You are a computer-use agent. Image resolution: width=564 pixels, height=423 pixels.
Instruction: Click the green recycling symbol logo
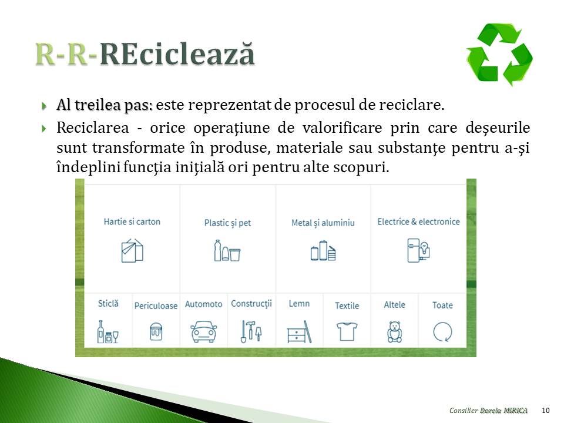click(x=499, y=54)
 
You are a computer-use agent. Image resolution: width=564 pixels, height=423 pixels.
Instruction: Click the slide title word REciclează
click(x=177, y=54)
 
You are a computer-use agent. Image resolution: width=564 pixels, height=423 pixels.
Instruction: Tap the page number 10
click(x=545, y=411)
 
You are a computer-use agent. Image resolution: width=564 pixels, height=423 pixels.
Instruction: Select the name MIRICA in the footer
click(x=515, y=411)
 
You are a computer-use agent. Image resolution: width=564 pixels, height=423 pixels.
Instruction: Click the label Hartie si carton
click(x=132, y=221)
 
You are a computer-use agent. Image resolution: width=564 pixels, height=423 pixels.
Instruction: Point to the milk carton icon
click(x=132, y=250)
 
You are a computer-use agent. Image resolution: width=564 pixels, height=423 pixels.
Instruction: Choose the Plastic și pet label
click(x=227, y=223)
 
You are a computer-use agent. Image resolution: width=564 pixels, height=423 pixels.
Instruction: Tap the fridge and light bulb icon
click(x=419, y=250)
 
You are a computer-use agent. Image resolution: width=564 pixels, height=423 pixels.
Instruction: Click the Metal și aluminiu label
click(x=323, y=223)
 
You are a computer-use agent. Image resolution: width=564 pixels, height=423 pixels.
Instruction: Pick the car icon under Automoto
click(x=204, y=331)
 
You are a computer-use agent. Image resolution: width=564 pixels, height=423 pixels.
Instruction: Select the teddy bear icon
click(x=395, y=331)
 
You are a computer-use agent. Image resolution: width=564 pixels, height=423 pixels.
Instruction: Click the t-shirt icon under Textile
click(x=347, y=331)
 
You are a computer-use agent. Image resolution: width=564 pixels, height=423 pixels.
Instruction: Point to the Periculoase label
click(x=156, y=305)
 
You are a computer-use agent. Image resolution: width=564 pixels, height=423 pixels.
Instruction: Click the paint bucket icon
click(x=156, y=331)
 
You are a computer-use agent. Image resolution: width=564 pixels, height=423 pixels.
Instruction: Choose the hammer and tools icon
click(x=251, y=331)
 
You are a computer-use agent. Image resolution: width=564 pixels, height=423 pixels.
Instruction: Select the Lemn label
click(x=299, y=304)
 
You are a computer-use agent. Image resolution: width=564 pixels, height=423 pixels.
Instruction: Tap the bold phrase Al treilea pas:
click(x=105, y=105)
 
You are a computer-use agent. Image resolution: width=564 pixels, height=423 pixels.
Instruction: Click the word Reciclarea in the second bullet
click(x=92, y=127)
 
